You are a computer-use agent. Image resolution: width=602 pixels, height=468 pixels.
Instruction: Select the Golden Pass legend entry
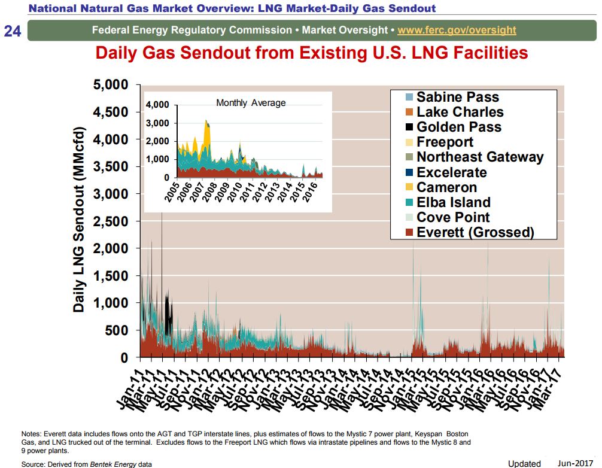[458, 127]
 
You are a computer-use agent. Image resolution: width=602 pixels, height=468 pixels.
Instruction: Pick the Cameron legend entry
[446, 187]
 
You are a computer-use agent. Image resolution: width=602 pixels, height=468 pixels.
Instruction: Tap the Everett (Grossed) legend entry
[475, 232]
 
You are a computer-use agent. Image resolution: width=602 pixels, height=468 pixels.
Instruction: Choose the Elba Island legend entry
[453, 202]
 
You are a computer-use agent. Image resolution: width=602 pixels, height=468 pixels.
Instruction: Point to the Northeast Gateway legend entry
[479, 157]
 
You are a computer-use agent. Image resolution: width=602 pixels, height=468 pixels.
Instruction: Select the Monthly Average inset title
[251, 103]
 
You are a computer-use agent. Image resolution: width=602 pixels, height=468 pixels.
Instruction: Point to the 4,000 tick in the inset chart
[157, 105]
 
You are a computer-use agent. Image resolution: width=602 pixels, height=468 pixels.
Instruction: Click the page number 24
[13, 31]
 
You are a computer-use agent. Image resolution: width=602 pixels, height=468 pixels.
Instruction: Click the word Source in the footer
[33, 464]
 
